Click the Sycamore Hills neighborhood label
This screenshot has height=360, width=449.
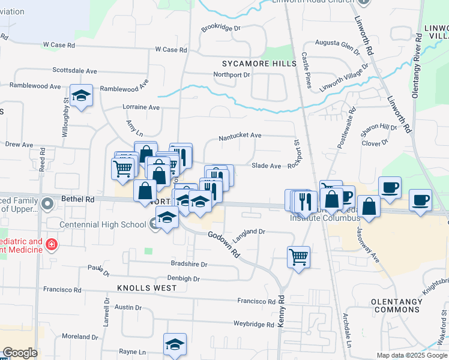pyautogui.click(x=259, y=64)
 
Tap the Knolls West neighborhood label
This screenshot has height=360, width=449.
pyautogui.click(x=147, y=288)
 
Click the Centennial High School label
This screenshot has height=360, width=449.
pyautogui.click(x=103, y=224)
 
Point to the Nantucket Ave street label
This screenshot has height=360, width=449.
pyautogui.click(x=240, y=136)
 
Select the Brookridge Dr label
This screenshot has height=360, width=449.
pyautogui.click(x=220, y=28)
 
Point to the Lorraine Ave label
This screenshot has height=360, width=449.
pyautogui.click(x=141, y=107)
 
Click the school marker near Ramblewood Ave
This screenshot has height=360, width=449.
pyautogui.click(x=81, y=96)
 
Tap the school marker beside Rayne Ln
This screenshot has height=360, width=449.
pyautogui.click(x=175, y=345)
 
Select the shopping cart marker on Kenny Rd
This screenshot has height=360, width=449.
pyautogui.click(x=298, y=257)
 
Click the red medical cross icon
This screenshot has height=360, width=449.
pyautogui.click(x=52, y=244)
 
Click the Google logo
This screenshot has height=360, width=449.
pyautogui.click(x=20, y=353)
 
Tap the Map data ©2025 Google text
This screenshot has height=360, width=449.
pyautogui.click(x=412, y=355)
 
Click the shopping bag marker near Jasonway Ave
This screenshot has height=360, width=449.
pyautogui.click(x=369, y=207)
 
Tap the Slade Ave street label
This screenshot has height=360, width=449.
pyautogui.click(x=266, y=166)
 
